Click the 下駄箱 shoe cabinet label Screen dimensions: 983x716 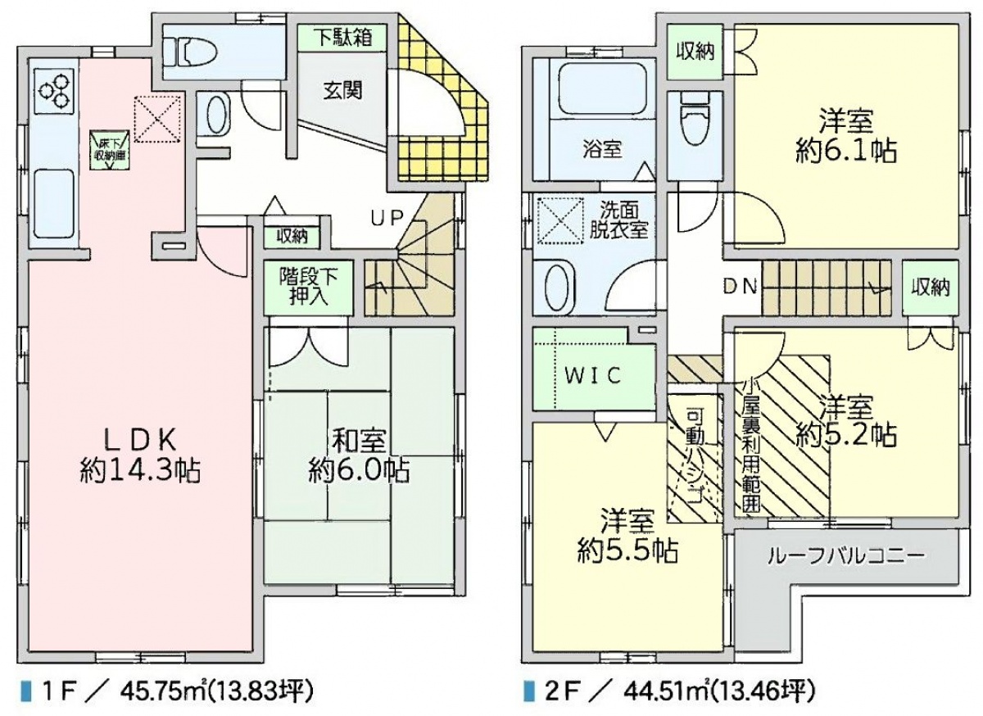click(343, 38)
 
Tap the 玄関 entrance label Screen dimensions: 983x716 click(343, 91)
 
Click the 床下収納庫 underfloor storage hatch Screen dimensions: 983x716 click(110, 151)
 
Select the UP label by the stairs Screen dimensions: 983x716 click(386, 218)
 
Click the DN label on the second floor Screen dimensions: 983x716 click(741, 287)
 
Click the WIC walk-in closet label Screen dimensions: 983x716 click(592, 375)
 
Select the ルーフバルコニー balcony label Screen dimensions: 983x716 click(845, 556)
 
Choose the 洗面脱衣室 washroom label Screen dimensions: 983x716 click(618, 222)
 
